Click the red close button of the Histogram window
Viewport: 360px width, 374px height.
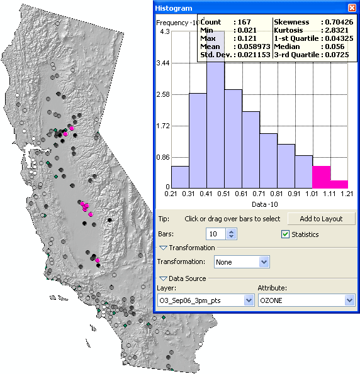tap(352, 8)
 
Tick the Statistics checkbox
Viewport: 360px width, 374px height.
tap(286, 234)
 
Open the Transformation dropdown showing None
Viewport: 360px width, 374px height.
tap(264, 261)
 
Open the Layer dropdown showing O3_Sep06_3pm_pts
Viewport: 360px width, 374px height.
tap(248, 300)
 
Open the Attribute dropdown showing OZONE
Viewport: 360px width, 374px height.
tap(350, 300)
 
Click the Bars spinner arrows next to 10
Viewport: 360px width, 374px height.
tap(232, 234)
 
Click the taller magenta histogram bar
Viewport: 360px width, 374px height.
tap(321, 177)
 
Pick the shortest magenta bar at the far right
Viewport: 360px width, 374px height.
tap(339, 184)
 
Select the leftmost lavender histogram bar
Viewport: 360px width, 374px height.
tap(180, 176)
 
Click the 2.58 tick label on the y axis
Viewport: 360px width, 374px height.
tap(162, 94)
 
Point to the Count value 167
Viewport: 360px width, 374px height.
tap(243, 22)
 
